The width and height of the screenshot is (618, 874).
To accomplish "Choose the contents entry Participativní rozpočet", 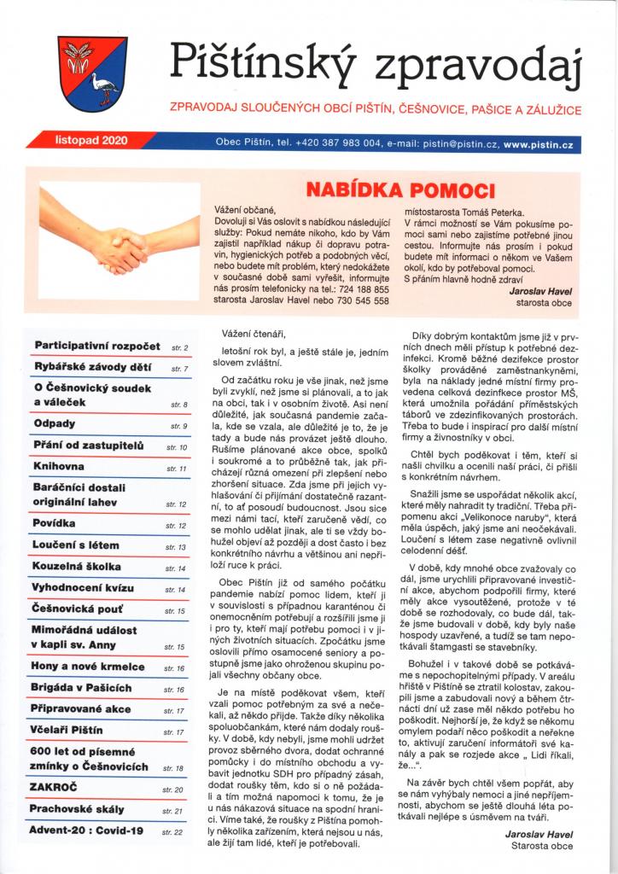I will coord(97,346).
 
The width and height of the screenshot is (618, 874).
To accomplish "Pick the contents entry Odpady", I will coord(55,423).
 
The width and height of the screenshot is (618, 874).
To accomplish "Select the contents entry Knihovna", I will coord(61,467).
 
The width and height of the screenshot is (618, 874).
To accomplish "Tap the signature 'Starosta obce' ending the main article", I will coord(542,846).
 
